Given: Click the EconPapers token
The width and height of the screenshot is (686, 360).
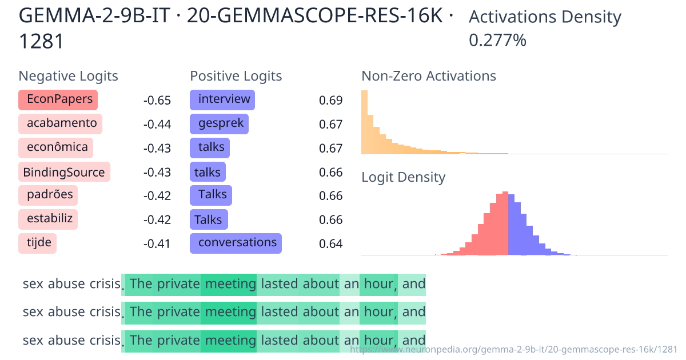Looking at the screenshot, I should coord(58,99).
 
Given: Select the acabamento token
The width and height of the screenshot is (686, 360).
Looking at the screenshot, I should coord(61,123).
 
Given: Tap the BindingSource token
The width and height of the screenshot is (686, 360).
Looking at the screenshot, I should coord(64,172).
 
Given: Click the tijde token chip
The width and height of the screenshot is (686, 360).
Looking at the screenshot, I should coord(38,243).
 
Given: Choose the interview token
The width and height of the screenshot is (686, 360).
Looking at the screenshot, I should coord(222,99).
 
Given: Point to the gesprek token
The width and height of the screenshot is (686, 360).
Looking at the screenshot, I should coord(220,123).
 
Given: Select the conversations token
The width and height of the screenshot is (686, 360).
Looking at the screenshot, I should coord(236,243).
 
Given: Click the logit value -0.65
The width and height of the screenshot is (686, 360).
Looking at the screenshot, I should coord(157,101).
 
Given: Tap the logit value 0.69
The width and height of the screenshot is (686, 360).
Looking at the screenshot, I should coord(330,101).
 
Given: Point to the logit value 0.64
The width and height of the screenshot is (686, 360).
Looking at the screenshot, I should coord(330,244).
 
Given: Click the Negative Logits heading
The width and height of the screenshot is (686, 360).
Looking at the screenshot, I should coord(69,76).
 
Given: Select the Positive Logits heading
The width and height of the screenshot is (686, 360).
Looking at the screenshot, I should coord(236,76).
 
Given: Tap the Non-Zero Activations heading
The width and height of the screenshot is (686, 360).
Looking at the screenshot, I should coord(429,76).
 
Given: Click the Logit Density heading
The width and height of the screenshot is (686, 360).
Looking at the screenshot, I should coord(403,177).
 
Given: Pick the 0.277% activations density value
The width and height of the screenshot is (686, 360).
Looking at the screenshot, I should coord(497,41).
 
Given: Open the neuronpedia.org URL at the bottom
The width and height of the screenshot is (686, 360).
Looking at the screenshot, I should coord(513,349).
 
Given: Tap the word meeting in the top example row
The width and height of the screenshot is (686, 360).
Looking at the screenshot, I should coord(230,284).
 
